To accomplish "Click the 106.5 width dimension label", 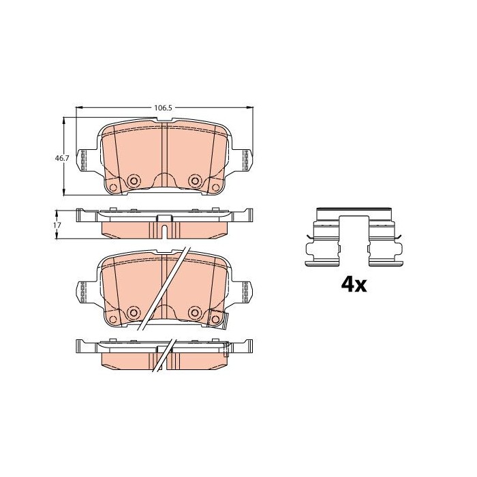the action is tap(163, 108).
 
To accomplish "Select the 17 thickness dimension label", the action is tap(57, 225).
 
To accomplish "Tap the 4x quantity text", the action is tap(354, 285).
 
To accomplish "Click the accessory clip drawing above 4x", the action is tap(354, 237).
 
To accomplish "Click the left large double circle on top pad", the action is tap(134, 181).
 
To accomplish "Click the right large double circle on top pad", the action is tap(195, 181).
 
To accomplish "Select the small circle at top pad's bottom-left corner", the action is tap(113, 187).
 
